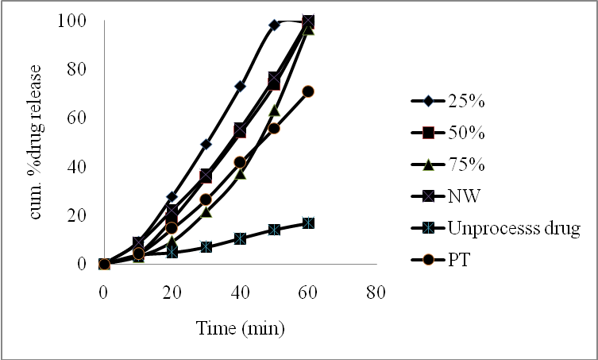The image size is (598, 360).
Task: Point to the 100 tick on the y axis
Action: click(73, 21)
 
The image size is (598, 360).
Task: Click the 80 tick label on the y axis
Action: click(77, 69)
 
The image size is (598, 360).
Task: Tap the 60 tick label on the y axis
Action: click(77, 118)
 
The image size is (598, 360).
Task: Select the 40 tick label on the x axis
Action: click(240, 291)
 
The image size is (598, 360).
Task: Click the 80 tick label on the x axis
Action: click(376, 291)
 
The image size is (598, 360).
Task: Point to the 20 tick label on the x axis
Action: click(172, 291)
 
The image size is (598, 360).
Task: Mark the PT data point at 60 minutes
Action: click(308, 91)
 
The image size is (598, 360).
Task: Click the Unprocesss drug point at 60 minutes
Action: click(308, 223)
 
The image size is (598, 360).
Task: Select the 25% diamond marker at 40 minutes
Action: click(240, 86)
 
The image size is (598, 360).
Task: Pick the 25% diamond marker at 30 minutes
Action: click(206, 144)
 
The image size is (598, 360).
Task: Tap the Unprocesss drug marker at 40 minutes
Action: click(240, 238)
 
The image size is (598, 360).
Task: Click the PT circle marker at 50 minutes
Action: click(274, 128)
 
